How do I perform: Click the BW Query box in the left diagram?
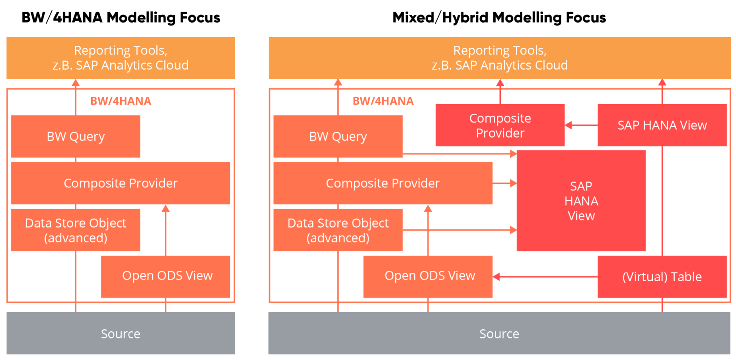[x=76, y=136]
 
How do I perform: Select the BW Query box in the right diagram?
[x=338, y=136]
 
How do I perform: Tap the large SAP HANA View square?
[x=581, y=201]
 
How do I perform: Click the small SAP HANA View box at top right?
[x=662, y=125]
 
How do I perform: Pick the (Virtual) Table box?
[x=662, y=277]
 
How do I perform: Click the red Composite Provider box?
[x=500, y=125]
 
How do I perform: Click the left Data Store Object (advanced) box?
[x=76, y=230]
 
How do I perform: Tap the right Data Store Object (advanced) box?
[x=338, y=230]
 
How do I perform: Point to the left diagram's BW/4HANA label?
[x=121, y=101]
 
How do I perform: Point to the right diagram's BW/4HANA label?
[x=383, y=101]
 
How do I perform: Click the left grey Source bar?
[x=121, y=333]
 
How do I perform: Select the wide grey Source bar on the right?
[x=499, y=333]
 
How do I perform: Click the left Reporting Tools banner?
[x=121, y=58]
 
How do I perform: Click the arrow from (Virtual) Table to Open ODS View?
[x=545, y=276]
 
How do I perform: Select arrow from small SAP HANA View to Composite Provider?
[x=581, y=125]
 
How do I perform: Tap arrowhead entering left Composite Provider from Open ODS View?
[x=166, y=208]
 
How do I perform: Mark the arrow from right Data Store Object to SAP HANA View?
[x=460, y=230]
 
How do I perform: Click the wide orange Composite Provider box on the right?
[x=383, y=183]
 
